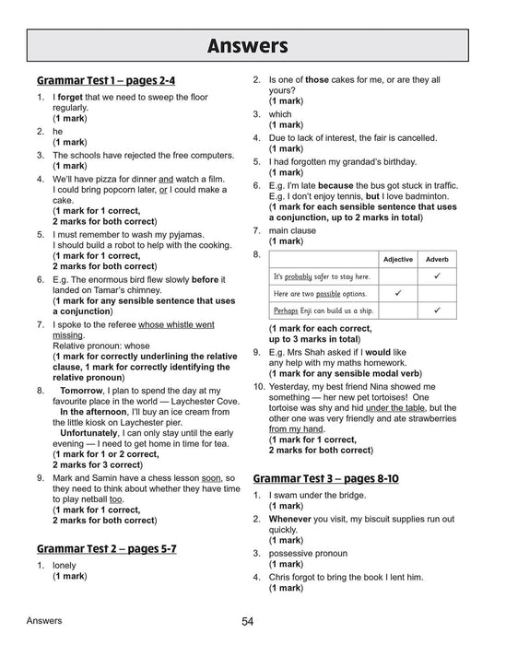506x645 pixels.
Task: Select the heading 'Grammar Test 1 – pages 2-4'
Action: [106, 80]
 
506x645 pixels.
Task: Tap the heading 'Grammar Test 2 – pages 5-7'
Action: [106, 548]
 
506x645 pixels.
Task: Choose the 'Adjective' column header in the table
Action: [397, 259]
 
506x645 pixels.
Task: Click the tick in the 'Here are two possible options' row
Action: [397, 293]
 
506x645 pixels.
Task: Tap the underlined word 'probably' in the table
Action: [300, 276]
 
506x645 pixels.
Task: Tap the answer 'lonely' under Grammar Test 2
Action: [65, 565]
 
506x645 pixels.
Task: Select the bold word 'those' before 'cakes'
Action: [317, 80]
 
